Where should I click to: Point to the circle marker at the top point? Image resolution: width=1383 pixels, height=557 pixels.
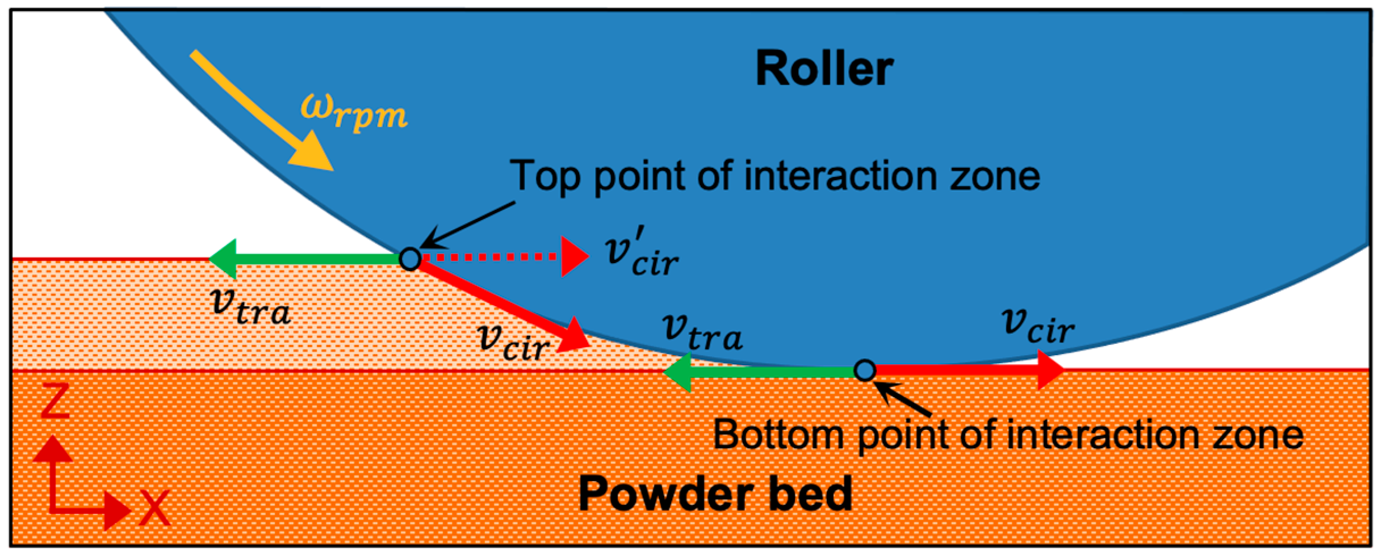pyautogui.click(x=410, y=259)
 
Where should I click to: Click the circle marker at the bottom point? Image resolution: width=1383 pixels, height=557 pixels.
pyautogui.click(x=864, y=370)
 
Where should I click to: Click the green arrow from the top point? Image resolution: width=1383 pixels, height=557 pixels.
pyautogui.click(x=307, y=259)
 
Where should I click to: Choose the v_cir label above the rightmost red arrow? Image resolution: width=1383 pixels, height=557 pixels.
pyautogui.click(x=1038, y=326)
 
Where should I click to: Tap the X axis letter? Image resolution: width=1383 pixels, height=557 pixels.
pyautogui.click(x=154, y=508)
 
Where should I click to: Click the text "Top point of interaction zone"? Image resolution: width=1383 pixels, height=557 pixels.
pyautogui.click(x=775, y=176)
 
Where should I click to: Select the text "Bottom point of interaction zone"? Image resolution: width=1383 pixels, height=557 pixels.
pyautogui.click(x=1008, y=435)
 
